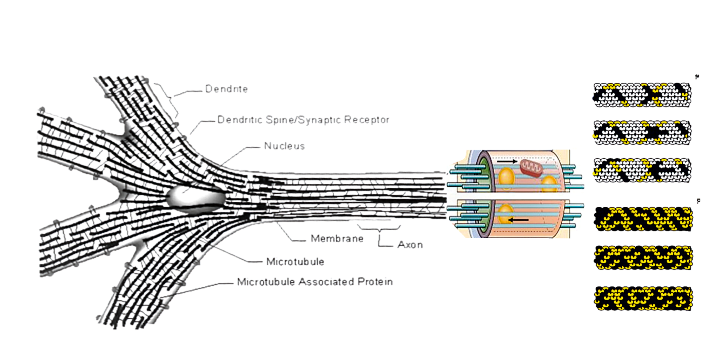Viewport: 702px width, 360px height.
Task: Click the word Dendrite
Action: [x=226, y=89]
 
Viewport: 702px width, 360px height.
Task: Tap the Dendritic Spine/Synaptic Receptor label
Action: [x=303, y=120]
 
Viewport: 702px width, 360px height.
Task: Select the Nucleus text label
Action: [x=284, y=146]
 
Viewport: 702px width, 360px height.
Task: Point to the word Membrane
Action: [x=337, y=239]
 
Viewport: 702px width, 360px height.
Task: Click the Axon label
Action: [x=410, y=245]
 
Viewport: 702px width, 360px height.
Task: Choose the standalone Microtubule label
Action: [x=295, y=262]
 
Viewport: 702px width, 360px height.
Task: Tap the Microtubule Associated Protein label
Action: [x=315, y=282]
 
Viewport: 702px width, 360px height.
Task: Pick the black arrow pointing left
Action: [x=518, y=220]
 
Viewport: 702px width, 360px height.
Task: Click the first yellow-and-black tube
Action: [x=643, y=219]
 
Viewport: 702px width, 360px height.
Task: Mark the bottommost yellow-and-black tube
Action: [x=643, y=298]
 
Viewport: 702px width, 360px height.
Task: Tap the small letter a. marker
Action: [x=697, y=77]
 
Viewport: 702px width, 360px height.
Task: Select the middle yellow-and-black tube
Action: [x=643, y=258]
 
